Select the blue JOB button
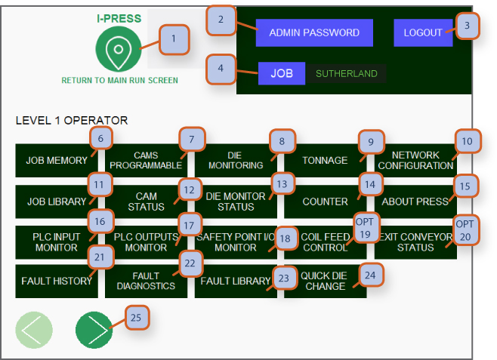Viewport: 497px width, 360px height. point(282,74)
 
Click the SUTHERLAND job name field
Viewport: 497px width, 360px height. point(346,74)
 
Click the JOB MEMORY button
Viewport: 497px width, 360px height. point(57,161)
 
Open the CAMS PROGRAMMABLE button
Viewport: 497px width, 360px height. point(147,160)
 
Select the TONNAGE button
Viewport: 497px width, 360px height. point(325,161)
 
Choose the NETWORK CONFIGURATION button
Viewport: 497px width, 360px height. point(415,160)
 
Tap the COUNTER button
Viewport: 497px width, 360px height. point(325,202)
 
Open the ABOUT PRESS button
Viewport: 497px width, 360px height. point(415,202)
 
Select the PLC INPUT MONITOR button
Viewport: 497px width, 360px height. point(57,242)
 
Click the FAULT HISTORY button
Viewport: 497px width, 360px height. point(57,281)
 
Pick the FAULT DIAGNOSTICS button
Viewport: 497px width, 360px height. point(147,281)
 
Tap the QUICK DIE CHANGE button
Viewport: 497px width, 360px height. point(325,281)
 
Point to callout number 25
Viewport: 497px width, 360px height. point(136,317)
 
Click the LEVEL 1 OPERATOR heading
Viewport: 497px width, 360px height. point(72,120)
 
